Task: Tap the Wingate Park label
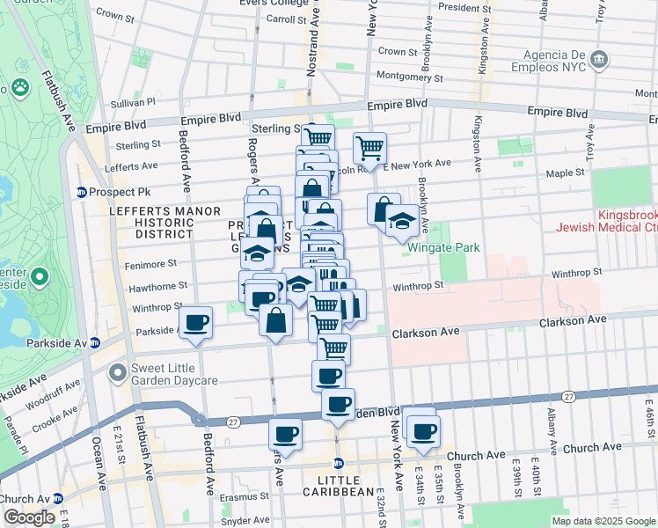[x=444, y=247]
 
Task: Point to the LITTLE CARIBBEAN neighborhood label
[x=338, y=491]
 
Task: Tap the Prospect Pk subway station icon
[x=82, y=192]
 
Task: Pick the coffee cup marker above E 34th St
[x=423, y=431]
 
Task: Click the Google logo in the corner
[x=29, y=517]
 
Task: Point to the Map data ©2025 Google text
[x=603, y=521]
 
